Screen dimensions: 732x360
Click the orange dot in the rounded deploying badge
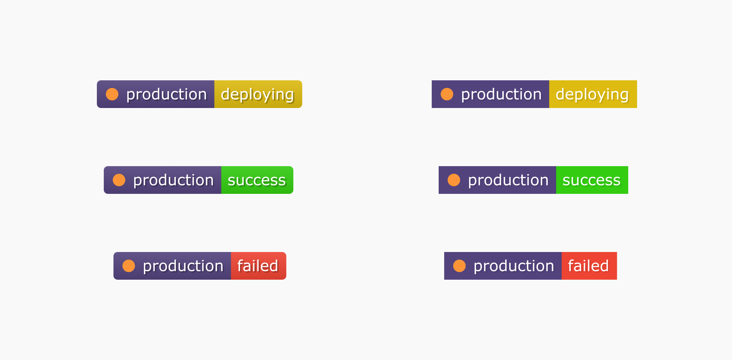[112, 94]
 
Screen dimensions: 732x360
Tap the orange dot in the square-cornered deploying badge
[447, 94]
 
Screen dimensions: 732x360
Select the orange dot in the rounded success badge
[119, 180]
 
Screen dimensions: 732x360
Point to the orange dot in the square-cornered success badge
[454, 180]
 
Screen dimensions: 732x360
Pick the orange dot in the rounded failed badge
[129, 266]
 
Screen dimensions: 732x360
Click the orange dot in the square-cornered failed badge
[459, 266]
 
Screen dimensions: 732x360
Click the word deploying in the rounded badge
[258, 95]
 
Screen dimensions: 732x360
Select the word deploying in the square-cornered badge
[592, 95]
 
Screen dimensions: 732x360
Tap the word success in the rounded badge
[257, 180]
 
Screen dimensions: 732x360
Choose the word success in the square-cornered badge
[592, 180]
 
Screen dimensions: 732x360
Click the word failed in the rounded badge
[258, 266]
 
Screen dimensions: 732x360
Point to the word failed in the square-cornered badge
[588, 266]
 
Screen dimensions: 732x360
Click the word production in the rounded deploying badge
[166, 94]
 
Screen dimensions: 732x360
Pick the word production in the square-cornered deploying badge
[501, 94]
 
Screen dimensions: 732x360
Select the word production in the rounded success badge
[173, 180]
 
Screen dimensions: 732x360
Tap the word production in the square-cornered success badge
[508, 180]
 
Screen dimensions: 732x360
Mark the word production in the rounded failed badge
[183, 266]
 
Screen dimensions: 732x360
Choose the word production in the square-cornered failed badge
[514, 266]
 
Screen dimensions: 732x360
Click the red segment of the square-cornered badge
[589, 266]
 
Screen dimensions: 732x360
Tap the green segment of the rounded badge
[257, 180]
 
